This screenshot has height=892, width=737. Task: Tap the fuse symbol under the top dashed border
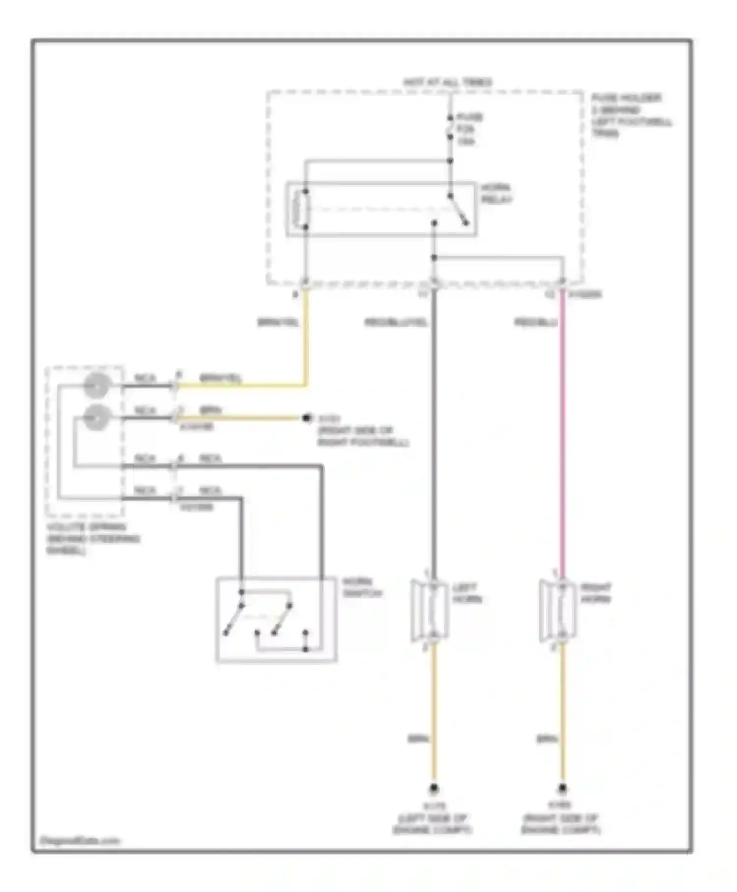click(450, 128)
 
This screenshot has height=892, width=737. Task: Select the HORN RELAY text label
click(496, 194)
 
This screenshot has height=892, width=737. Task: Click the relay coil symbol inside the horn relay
click(300, 209)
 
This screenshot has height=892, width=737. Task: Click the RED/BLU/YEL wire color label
click(396, 323)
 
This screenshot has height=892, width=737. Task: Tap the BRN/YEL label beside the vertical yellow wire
click(278, 323)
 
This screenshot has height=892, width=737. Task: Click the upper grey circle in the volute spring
click(96, 386)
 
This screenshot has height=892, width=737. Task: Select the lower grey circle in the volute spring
click(96, 418)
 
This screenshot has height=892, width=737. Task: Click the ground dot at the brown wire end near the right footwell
click(307, 418)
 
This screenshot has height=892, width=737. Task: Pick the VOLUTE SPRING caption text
click(92, 539)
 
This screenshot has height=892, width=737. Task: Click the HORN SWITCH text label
click(362, 588)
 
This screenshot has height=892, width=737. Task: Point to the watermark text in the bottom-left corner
click(80, 840)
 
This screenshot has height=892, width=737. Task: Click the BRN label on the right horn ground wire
click(546, 739)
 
